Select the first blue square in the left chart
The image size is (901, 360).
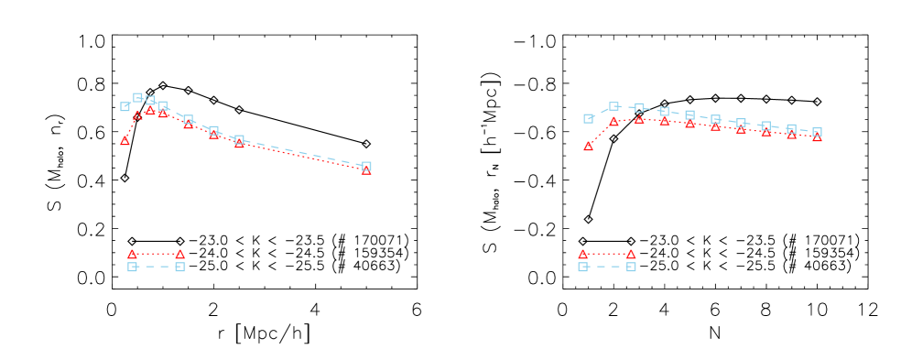tap(125, 106)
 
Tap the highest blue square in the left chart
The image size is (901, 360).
tap(137, 97)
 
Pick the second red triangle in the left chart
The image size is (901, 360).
tap(137, 116)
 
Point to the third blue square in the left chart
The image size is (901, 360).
tap(150, 100)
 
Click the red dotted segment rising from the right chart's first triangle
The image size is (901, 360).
tap(600, 134)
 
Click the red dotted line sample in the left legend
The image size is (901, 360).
tap(156, 254)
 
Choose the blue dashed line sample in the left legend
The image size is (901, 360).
tap(156, 267)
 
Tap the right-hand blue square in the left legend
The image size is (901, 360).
tap(180, 267)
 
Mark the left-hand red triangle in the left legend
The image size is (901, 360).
tap(132, 255)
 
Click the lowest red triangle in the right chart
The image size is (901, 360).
tap(588, 147)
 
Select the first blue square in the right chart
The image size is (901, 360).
tap(588, 118)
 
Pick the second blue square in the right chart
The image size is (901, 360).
tap(613, 106)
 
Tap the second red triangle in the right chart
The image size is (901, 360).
tap(613, 122)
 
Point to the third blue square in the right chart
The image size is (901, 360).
tap(639, 107)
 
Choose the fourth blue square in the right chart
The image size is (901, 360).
tap(664, 111)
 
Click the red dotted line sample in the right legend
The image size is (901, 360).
tap(606, 254)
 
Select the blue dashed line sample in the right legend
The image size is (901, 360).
tap(606, 267)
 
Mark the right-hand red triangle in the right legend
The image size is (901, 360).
tap(631, 255)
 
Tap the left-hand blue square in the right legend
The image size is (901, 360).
tap(582, 267)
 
